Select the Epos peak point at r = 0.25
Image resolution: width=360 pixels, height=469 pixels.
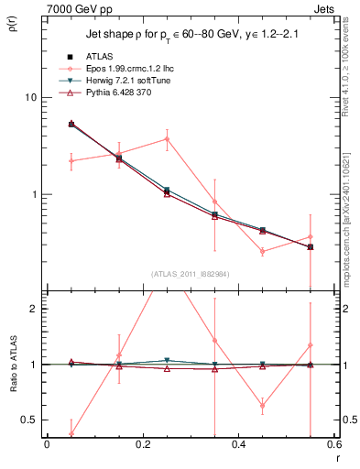tap(167, 139)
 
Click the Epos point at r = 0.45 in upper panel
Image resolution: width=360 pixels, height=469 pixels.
tap(262, 251)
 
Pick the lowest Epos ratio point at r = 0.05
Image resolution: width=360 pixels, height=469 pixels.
tap(71, 433)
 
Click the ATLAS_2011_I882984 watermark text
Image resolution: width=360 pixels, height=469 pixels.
tap(190, 274)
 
